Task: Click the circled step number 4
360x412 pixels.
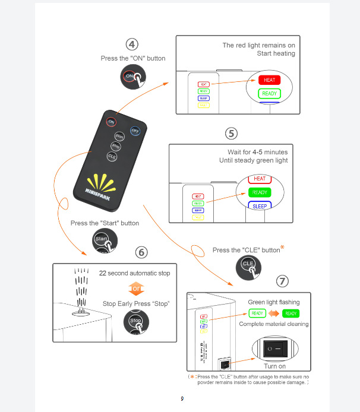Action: click(132, 44)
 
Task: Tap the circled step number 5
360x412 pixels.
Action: click(232, 132)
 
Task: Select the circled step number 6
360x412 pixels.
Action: click(141, 252)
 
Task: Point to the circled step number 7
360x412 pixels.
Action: click(283, 281)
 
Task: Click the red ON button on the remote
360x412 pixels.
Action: click(111, 122)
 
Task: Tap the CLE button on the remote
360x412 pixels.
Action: click(112, 156)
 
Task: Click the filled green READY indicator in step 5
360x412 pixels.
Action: click(260, 192)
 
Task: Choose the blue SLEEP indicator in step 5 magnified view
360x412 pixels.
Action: click(260, 205)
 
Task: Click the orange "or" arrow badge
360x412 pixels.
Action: click(136, 289)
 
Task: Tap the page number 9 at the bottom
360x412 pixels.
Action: click(182, 398)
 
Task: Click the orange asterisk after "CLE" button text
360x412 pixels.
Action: click(283, 247)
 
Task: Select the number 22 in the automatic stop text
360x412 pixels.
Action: click(103, 274)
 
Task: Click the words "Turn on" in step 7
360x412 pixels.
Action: click(274, 366)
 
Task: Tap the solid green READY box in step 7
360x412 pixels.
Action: click(291, 313)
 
